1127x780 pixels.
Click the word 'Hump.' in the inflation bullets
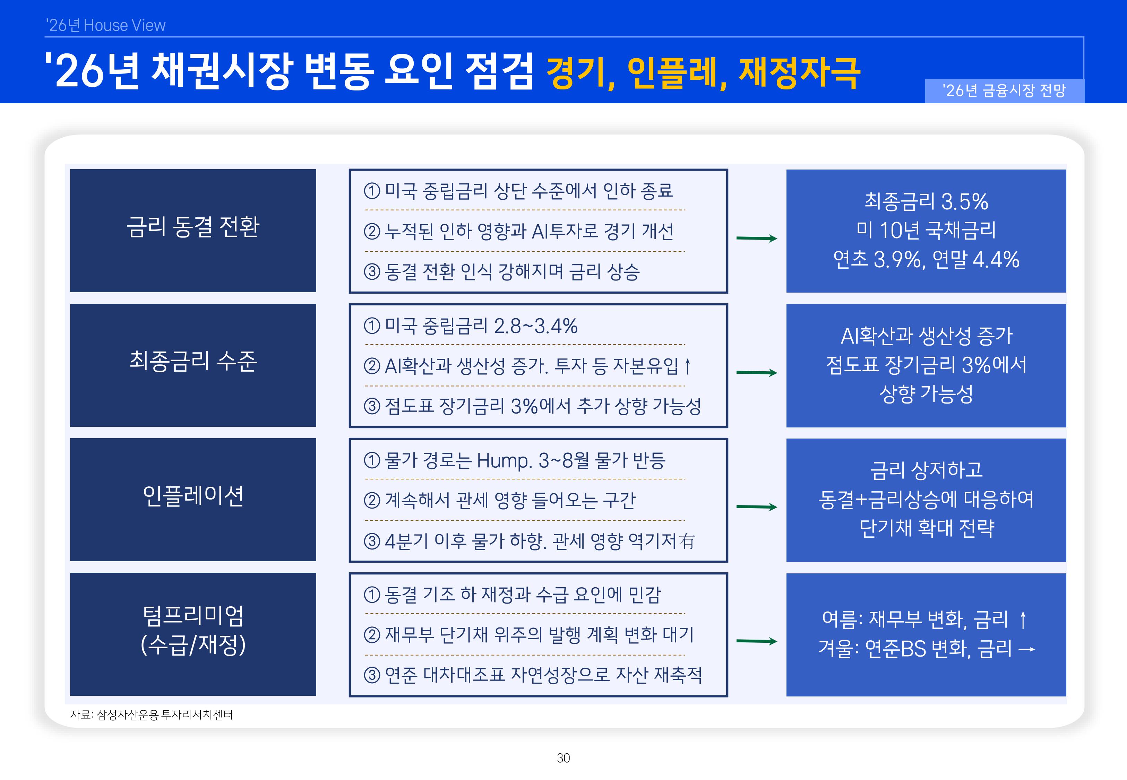(x=504, y=461)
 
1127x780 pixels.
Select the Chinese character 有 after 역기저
(x=687, y=541)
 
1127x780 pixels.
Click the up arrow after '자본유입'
(x=687, y=366)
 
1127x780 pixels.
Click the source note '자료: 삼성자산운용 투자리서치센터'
(x=152, y=715)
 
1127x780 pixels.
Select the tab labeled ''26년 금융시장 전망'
(x=1004, y=91)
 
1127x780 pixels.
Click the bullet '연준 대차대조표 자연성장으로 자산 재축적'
(x=542, y=675)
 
